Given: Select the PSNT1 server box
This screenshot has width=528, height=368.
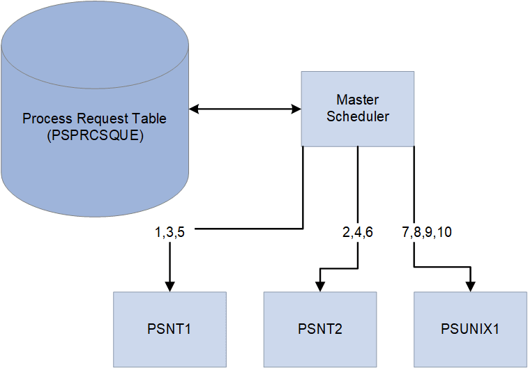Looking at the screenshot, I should [x=169, y=329].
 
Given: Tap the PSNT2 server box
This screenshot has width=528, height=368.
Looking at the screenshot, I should [x=319, y=329].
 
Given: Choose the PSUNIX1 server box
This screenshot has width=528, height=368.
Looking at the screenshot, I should [x=470, y=329].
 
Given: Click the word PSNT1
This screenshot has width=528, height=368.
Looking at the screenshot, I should [x=169, y=329].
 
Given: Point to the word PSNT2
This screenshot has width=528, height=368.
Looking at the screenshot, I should [x=319, y=329].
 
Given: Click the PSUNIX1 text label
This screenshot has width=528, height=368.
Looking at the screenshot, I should [x=470, y=329].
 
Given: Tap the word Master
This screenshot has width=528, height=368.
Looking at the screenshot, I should [x=357, y=100].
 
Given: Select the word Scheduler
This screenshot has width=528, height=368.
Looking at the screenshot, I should [x=357, y=116].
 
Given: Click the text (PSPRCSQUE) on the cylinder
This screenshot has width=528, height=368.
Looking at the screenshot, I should [x=95, y=136].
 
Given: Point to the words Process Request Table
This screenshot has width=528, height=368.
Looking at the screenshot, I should [x=95, y=118].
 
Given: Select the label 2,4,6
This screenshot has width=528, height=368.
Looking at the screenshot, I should [x=358, y=232].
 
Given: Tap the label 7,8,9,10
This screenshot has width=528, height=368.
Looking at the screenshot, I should [x=427, y=232].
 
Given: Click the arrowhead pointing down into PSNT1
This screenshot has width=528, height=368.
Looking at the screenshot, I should [x=169, y=286].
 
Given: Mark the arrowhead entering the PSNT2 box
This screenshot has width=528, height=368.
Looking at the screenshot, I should [x=319, y=286].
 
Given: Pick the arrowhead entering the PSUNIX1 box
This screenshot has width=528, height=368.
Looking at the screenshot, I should [x=471, y=286].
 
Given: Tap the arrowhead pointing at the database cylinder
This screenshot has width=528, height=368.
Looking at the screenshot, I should [x=195, y=109].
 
